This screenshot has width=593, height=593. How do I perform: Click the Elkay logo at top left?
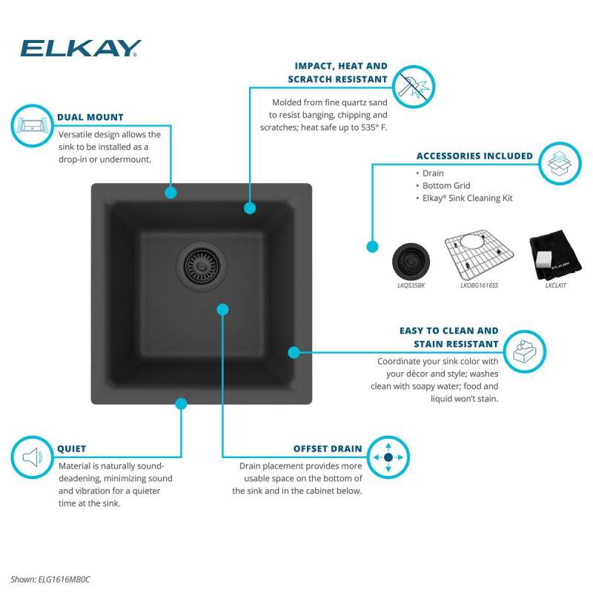81,48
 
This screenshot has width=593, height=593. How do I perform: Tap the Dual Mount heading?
90,117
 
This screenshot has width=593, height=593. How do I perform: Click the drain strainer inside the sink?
197,261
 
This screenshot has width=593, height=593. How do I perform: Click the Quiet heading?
72,448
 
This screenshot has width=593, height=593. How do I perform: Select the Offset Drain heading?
328,448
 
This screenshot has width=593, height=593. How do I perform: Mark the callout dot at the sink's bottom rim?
181,404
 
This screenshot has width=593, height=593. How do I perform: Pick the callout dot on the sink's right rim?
294,352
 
